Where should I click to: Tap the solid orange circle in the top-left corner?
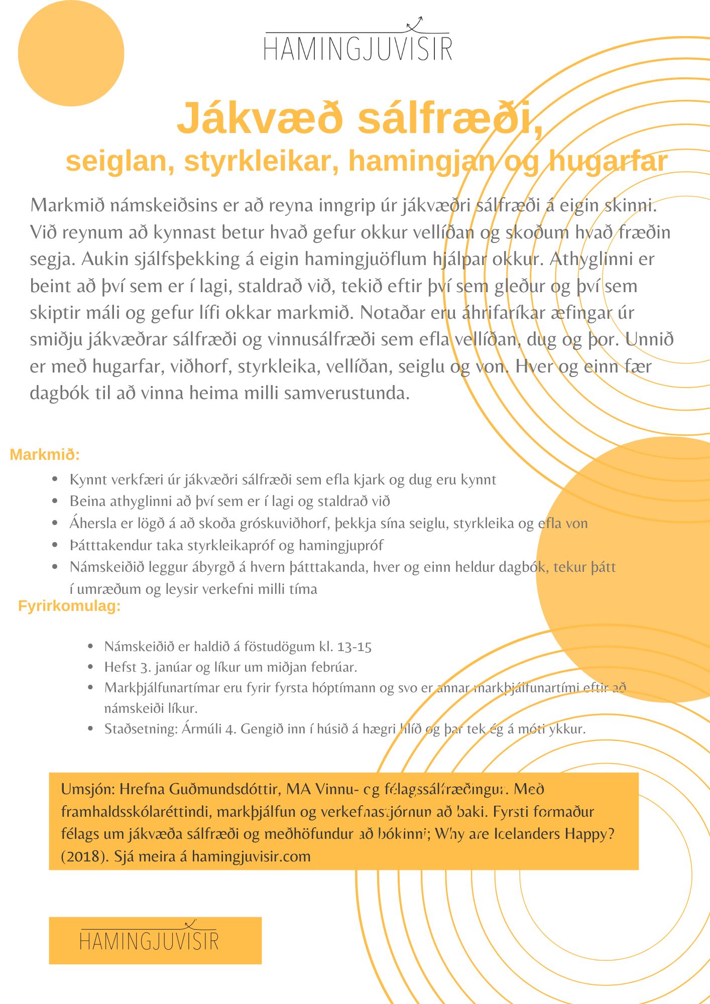click(x=71, y=53)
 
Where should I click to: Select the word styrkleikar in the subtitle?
click(x=261, y=161)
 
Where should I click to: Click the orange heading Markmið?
click(x=45, y=455)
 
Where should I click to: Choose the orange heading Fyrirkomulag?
click(x=69, y=606)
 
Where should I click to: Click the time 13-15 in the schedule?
click(x=354, y=647)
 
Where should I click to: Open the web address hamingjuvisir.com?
click(x=251, y=856)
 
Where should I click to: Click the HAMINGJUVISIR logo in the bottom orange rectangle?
click(x=150, y=940)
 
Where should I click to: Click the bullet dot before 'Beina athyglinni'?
click(x=55, y=501)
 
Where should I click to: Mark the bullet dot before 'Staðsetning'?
click(x=90, y=728)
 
